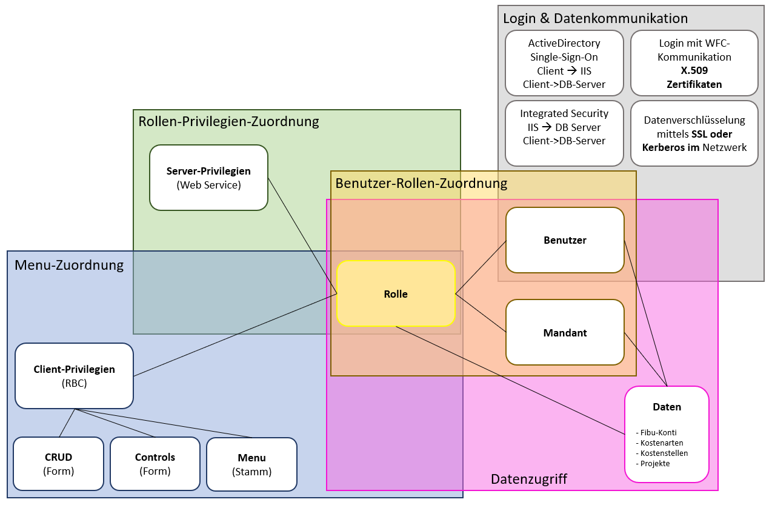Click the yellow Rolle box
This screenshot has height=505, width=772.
tap(396, 294)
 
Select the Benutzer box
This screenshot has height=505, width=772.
tap(565, 240)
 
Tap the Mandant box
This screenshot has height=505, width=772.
tap(565, 332)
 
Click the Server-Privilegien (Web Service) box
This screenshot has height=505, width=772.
tap(208, 178)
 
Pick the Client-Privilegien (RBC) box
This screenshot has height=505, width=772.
tap(74, 376)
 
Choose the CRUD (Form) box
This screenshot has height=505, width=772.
tap(58, 464)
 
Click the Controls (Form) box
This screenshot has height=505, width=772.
tap(155, 464)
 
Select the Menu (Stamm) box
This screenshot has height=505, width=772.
tap(251, 464)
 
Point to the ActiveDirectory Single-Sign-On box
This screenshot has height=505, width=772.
tap(564, 64)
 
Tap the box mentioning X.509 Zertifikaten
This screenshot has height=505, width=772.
tap(694, 64)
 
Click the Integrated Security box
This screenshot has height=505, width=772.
tap(564, 133)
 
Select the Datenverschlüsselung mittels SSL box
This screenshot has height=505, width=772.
tap(694, 133)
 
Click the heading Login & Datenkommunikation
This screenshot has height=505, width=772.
tap(595, 18)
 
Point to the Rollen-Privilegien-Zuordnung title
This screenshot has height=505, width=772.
tap(228, 121)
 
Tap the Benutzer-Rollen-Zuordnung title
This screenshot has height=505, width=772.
tap(421, 182)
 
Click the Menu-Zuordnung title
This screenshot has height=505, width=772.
tap(69, 265)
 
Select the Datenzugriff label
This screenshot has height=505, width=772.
tap(529, 479)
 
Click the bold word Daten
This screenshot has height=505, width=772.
tap(667, 407)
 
